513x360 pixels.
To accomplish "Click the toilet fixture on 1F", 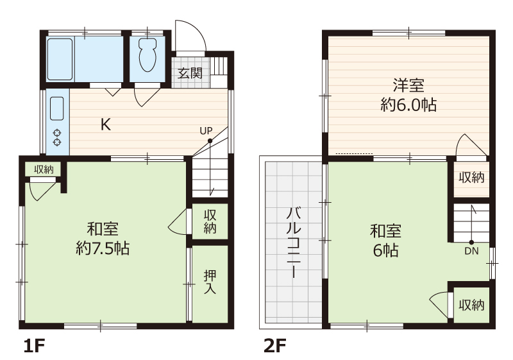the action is click(x=147, y=55).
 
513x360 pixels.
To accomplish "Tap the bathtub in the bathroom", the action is click(x=60, y=59).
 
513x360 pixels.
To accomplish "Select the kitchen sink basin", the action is click(x=56, y=108).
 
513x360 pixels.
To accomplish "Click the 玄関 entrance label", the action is click(x=190, y=73).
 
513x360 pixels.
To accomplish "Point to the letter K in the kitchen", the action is click(x=106, y=124).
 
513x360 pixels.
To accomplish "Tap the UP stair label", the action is click(x=206, y=131).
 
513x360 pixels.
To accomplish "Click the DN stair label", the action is click(x=471, y=251).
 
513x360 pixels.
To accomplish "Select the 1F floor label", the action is click(x=34, y=346).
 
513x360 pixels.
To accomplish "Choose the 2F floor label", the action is click(x=275, y=346).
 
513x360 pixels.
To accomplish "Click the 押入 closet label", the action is click(x=210, y=282).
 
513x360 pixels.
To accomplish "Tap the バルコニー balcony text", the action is click(x=294, y=243).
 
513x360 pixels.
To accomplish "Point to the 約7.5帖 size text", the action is click(x=103, y=248).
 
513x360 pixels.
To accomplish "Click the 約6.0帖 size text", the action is click(x=408, y=105).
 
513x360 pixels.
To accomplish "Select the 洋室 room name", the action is click(x=408, y=85).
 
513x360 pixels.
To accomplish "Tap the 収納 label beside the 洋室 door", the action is click(x=471, y=177).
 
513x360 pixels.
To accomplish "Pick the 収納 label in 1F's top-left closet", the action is click(x=44, y=169).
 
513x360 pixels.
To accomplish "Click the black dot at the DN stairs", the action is click(x=471, y=243).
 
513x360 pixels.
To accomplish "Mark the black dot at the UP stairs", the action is click(x=210, y=141).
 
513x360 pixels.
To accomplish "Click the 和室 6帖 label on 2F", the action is click(x=386, y=241).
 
